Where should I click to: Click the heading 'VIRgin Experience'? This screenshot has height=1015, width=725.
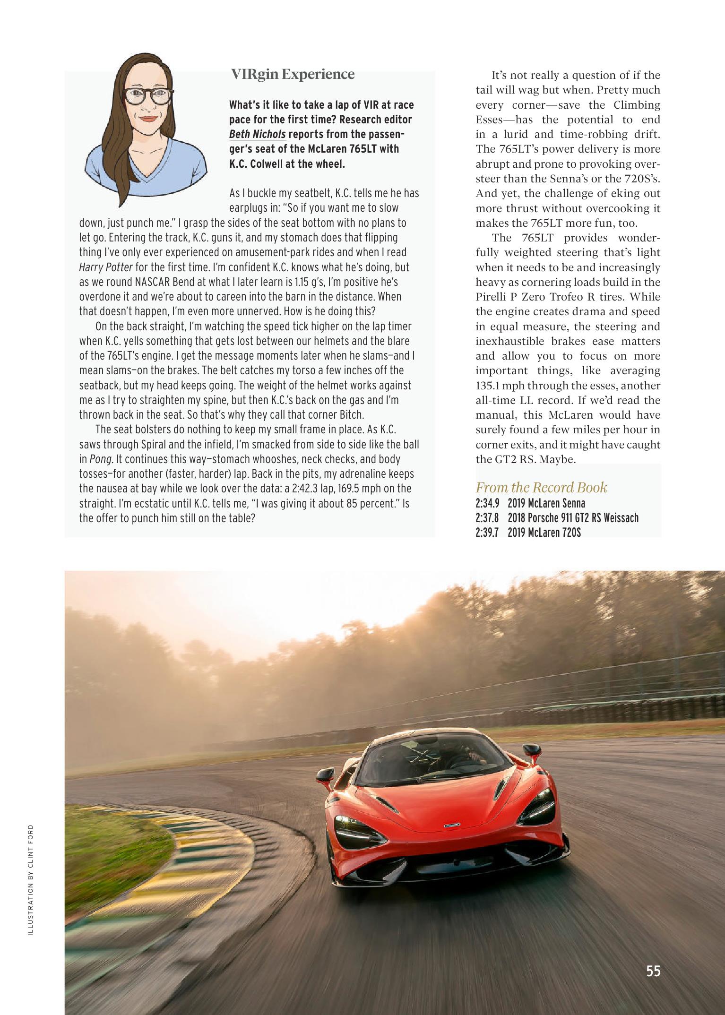(x=293, y=74)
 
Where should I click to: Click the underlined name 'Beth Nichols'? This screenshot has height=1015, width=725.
(x=257, y=134)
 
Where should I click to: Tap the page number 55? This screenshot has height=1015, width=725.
(x=653, y=971)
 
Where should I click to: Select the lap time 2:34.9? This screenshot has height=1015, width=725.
(x=488, y=503)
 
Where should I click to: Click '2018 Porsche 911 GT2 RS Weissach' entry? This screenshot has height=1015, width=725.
(x=573, y=518)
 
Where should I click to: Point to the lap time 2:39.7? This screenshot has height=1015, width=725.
(x=488, y=533)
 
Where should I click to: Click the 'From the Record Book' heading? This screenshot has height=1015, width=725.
(x=541, y=487)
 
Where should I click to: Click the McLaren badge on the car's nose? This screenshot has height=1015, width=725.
(x=452, y=826)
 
